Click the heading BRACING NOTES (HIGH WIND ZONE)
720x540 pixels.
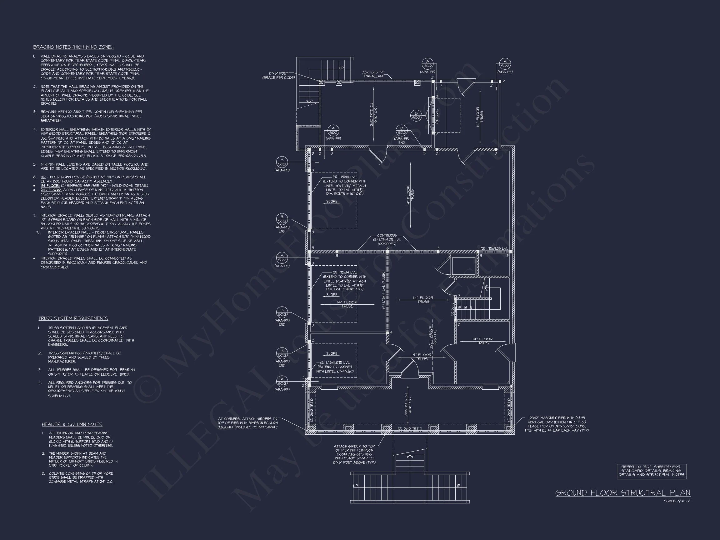[73, 47]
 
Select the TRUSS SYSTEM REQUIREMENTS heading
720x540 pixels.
[73, 318]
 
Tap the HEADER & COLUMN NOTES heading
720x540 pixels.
[72, 424]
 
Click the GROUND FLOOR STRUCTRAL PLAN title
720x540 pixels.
[623, 493]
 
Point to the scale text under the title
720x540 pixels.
[677, 501]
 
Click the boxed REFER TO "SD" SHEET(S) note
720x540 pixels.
[652, 471]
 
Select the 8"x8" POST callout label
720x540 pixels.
[279, 76]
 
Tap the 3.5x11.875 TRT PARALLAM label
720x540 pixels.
[373, 74]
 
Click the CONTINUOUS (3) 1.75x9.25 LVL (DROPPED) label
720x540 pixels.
[387, 240]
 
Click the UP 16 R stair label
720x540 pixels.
[464, 307]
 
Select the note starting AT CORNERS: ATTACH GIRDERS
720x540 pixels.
[247, 423]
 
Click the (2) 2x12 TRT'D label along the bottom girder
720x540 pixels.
[410, 429]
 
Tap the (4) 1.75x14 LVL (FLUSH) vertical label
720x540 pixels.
[384, 290]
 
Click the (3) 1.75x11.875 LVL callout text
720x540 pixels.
[334, 367]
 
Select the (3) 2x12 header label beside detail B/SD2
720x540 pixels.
[437, 116]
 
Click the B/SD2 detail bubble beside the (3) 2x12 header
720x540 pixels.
[416, 116]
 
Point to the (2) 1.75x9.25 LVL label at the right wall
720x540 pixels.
[494, 249]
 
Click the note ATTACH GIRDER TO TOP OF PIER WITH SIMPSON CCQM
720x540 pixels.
[354, 454]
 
